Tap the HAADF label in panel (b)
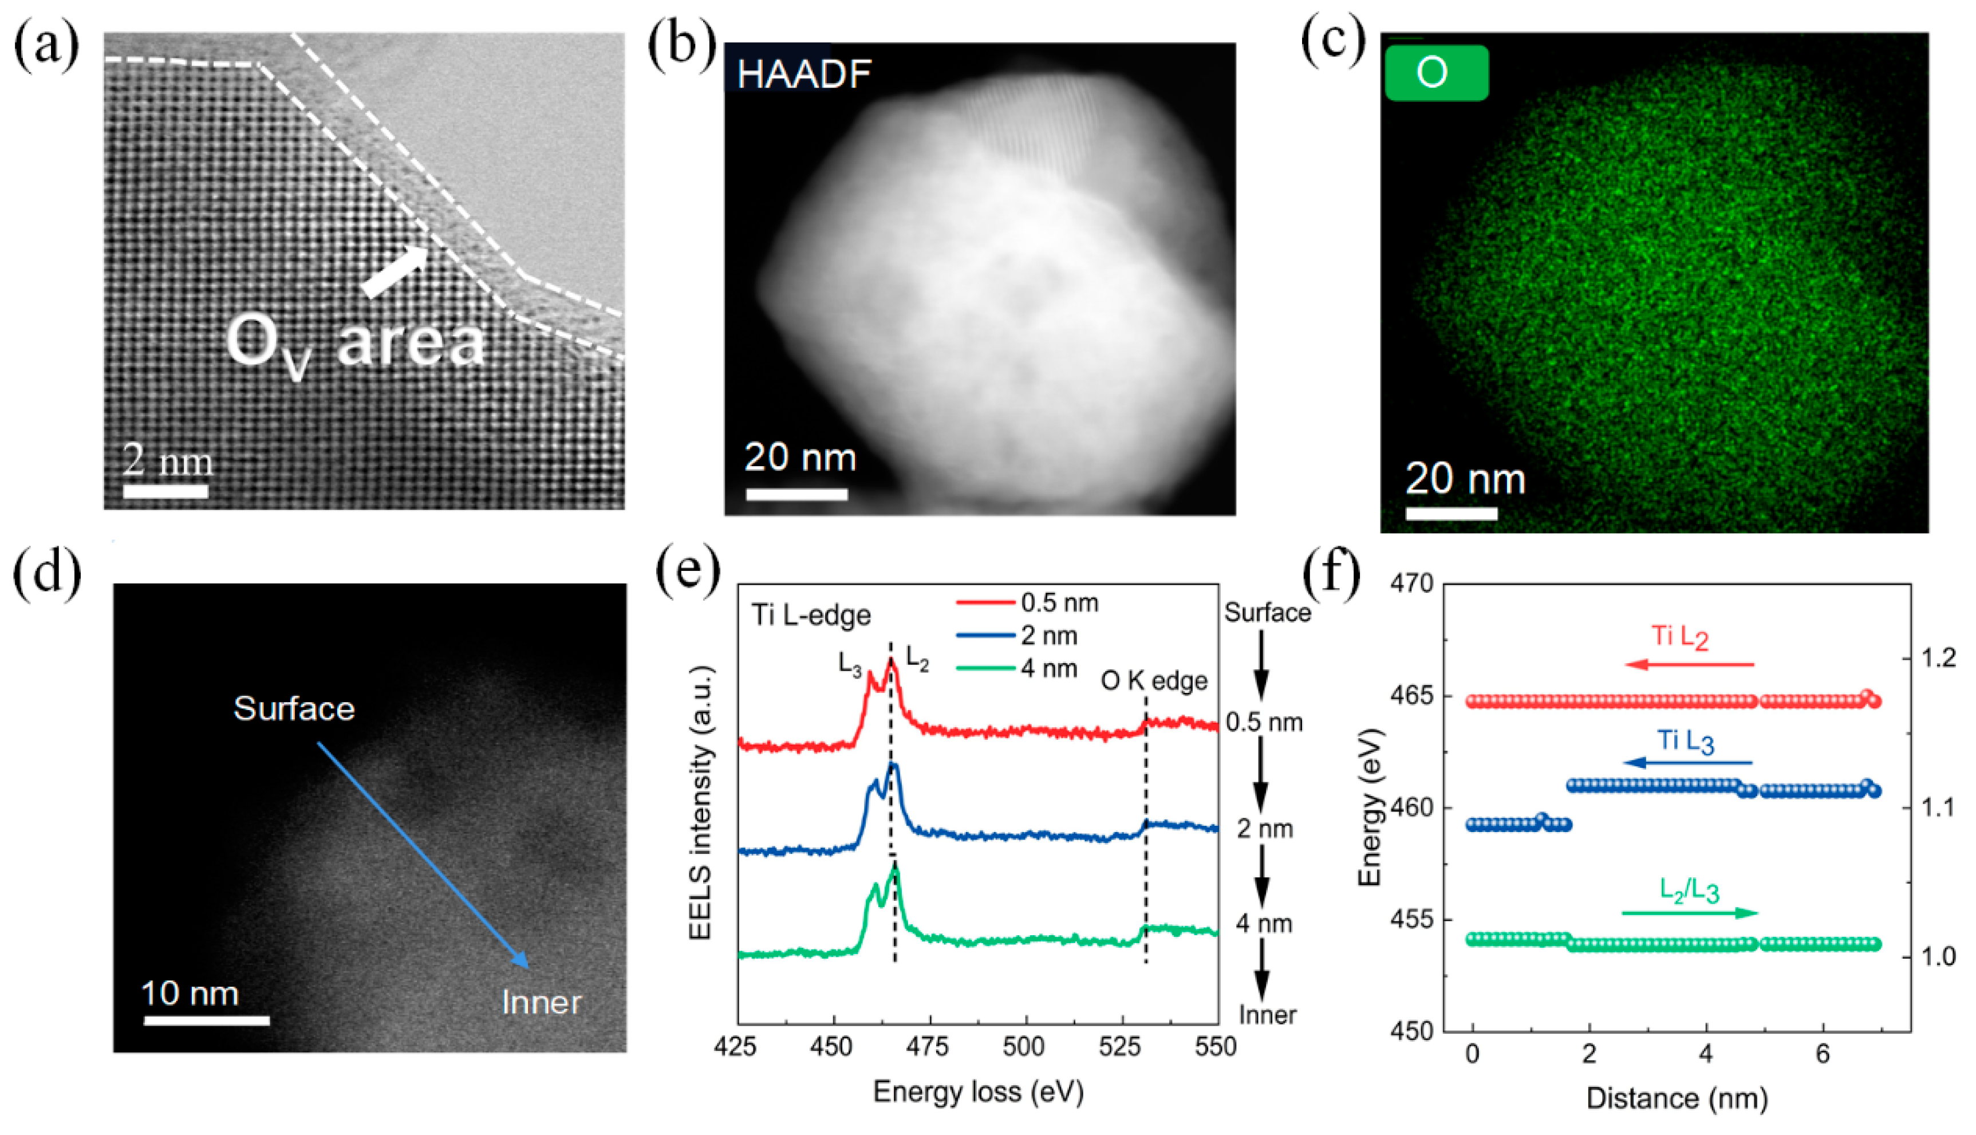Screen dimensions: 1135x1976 coord(803,75)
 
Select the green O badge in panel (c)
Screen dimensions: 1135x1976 coord(1436,73)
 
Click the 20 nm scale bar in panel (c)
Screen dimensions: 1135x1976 coord(1451,514)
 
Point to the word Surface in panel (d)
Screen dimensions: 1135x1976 coord(294,708)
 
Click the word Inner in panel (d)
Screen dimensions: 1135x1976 coord(541,1003)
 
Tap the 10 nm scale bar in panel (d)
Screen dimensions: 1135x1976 coord(207,1020)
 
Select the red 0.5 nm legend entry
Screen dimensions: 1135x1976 coord(1027,602)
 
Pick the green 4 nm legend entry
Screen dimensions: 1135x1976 coord(1017,669)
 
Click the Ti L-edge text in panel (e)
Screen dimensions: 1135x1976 coord(810,616)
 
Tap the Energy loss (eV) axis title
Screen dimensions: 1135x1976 coord(978,1091)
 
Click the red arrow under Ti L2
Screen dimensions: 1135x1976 coord(1689,665)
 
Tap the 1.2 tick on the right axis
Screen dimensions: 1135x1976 coord(1939,658)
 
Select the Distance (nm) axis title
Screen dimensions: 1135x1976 coord(1677,1098)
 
